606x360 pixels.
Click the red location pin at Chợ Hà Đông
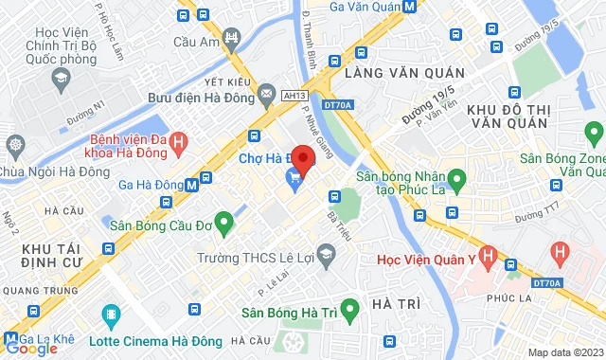(x=303, y=157)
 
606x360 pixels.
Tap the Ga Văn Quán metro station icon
(x=408, y=6)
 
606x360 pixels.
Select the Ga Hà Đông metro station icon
(x=193, y=185)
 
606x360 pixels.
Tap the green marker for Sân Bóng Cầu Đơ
(x=224, y=224)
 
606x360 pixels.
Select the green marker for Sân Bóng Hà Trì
(x=348, y=308)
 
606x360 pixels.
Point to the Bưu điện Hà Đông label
(x=197, y=98)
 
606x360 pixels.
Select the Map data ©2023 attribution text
(x=563, y=352)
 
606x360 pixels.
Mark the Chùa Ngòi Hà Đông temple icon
(x=15, y=145)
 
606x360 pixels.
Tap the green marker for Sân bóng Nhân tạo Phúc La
(x=455, y=177)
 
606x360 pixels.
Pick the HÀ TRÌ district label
(x=396, y=303)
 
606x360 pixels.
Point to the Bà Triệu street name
(x=333, y=228)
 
